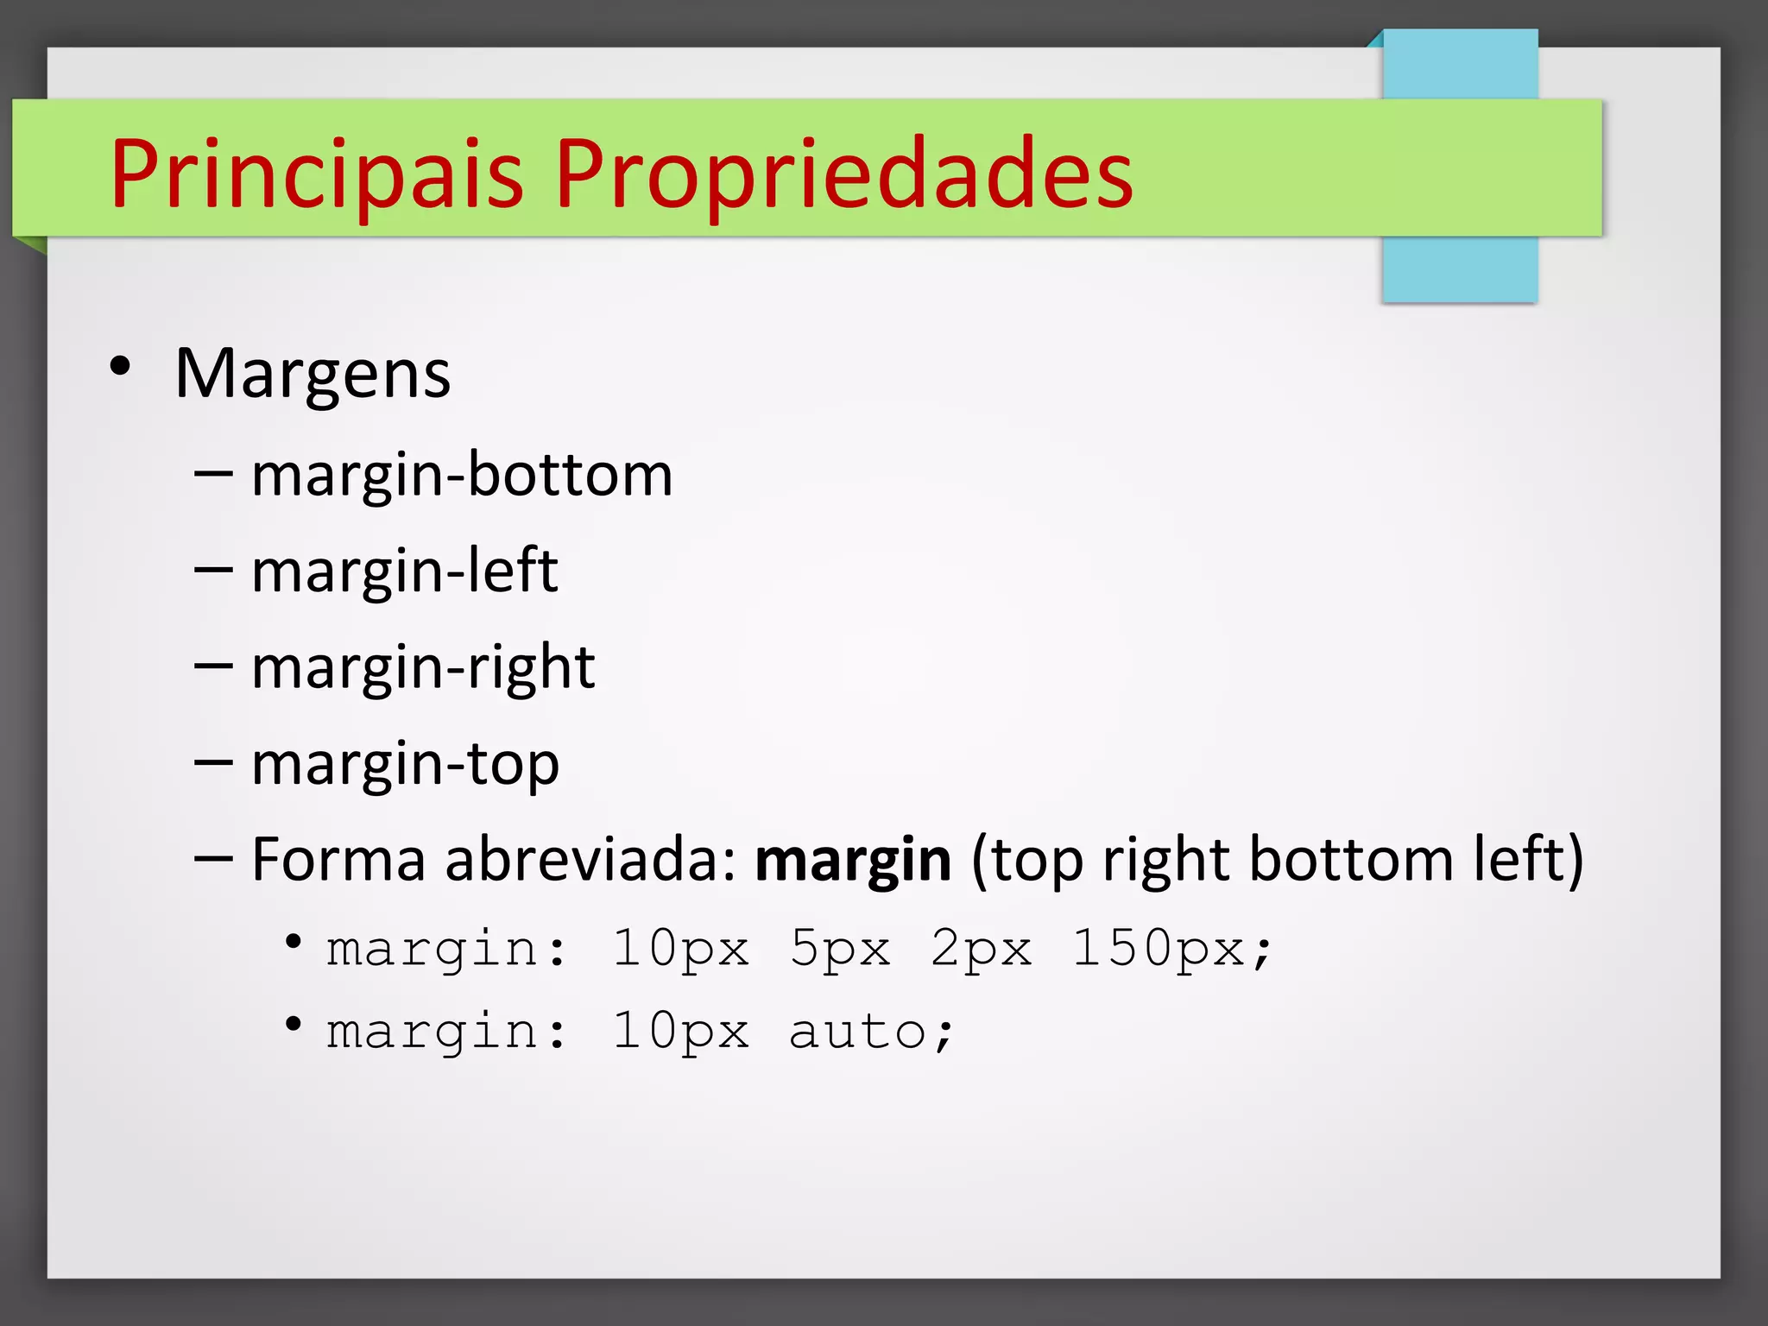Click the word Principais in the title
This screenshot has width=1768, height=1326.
point(316,174)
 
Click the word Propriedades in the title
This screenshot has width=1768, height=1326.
point(843,174)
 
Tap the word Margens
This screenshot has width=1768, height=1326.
point(313,375)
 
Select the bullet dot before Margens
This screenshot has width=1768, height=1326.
point(121,366)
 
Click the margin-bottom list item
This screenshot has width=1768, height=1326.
point(462,476)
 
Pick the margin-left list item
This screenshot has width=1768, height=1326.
point(404,571)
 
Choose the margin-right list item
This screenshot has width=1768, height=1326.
point(423,668)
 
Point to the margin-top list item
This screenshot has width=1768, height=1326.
point(405,765)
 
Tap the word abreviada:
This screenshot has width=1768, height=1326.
point(591,860)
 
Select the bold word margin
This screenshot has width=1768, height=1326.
point(853,862)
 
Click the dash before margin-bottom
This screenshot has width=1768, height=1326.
point(213,474)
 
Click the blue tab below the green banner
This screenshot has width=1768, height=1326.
point(1459,269)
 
